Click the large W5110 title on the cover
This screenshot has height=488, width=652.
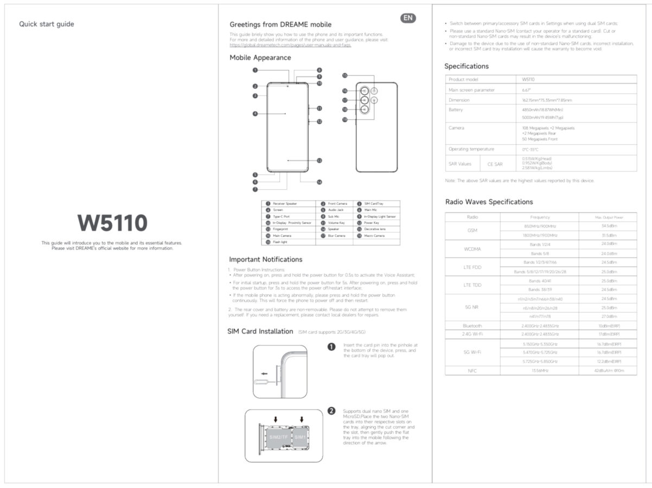(x=112, y=223)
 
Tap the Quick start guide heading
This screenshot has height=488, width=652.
(x=47, y=24)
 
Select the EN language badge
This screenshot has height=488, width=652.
(x=408, y=18)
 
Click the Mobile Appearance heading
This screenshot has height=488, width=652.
(x=260, y=57)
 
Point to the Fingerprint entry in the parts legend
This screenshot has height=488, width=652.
(x=282, y=229)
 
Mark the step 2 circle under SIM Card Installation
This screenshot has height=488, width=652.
(x=331, y=411)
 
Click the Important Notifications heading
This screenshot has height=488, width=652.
(x=265, y=259)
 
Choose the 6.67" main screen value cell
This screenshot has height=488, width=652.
(x=526, y=90)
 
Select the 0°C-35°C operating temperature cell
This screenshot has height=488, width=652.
(x=529, y=149)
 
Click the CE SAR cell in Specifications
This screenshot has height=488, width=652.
(x=494, y=164)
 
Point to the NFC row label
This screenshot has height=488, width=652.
(x=472, y=370)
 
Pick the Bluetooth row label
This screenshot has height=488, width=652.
(x=472, y=326)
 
